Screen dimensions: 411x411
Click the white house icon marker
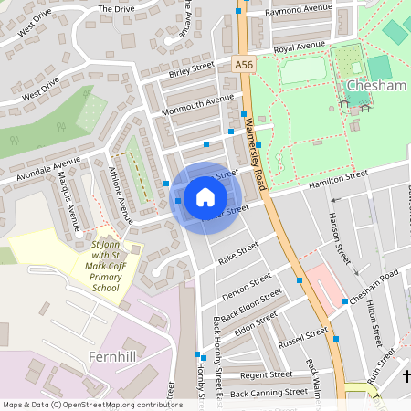click(x=205, y=197)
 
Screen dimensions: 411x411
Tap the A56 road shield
click(x=242, y=65)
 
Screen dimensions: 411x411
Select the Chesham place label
click(x=375, y=86)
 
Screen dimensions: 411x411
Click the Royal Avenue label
click(x=300, y=47)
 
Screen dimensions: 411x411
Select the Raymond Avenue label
click(x=298, y=9)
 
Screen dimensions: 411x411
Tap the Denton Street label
click(x=247, y=285)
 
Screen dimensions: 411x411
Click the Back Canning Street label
click(x=269, y=393)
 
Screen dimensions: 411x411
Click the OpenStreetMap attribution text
click(x=79, y=405)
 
